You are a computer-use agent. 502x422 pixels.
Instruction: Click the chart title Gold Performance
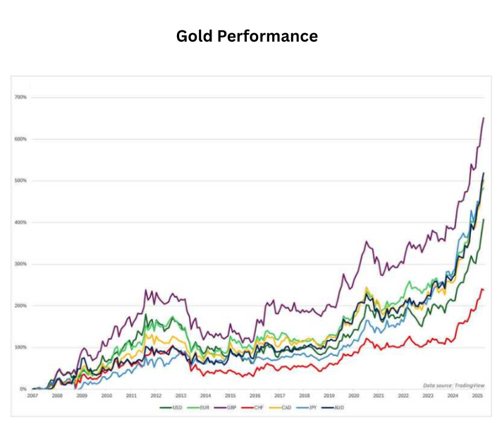point(247,35)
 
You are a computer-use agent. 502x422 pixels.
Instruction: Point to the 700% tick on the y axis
point(20,97)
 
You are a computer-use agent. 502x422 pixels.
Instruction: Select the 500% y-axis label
point(20,181)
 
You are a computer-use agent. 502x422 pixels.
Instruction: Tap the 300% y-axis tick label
point(20,264)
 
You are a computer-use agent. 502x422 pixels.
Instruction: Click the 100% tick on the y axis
point(20,347)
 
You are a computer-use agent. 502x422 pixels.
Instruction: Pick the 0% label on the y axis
point(23,389)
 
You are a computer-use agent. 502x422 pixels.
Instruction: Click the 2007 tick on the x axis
point(32,396)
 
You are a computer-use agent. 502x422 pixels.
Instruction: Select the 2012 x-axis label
point(156,396)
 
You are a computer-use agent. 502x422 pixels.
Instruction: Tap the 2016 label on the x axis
point(255,396)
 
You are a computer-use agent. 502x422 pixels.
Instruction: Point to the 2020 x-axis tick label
point(353,396)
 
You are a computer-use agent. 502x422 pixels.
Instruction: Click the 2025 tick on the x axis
point(477,396)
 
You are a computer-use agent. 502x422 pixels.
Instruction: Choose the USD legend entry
point(171,407)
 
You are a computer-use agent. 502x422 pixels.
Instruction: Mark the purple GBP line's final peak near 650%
point(484,118)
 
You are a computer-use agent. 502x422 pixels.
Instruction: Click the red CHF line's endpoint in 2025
point(484,289)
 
